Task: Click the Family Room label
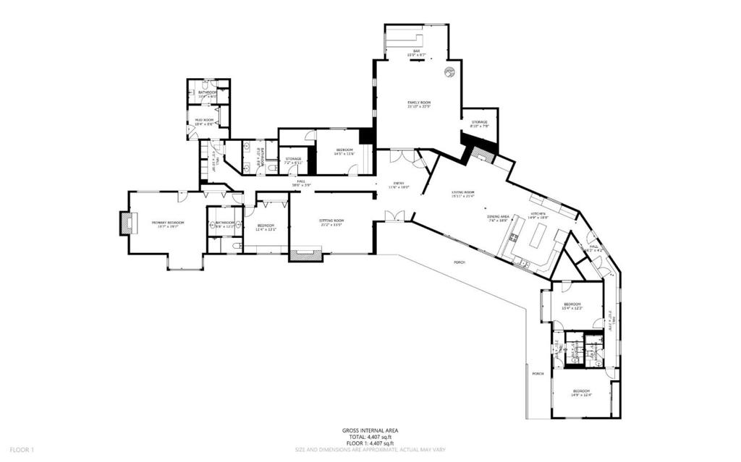[x=418, y=103]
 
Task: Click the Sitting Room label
[x=332, y=221]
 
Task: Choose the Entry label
[x=399, y=184]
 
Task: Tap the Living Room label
[x=462, y=192]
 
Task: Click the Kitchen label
[x=538, y=214]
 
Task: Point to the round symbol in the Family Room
[x=449, y=72]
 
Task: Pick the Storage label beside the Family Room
[x=479, y=122]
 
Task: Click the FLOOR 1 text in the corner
[x=22, y=450]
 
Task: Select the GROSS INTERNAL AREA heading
[x=370, y=431]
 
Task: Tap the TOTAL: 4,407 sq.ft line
[x=370, y=437]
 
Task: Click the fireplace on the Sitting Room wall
[x=305, y=254]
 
